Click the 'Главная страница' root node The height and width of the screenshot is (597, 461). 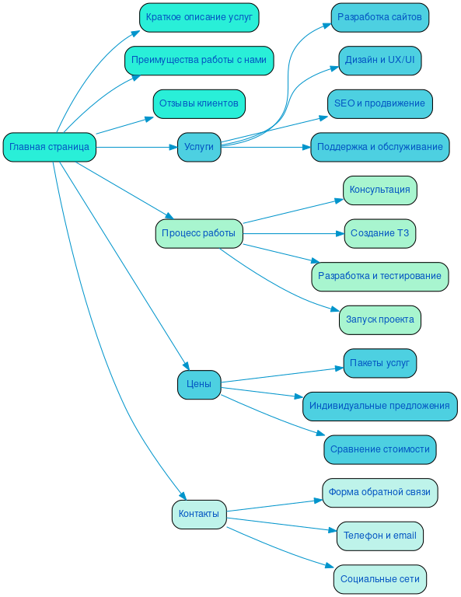coord(49,147)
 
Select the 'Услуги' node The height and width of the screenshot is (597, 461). coord(199,147)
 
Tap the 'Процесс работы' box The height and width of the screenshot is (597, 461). coord(198,233)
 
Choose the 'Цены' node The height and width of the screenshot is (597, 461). coord(199,384)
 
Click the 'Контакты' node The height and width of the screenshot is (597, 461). coord(199,514)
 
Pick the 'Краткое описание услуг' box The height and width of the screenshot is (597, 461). coord(199,17)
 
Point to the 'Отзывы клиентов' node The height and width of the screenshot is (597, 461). coord(199,103)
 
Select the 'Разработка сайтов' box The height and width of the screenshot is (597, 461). coord(379,17)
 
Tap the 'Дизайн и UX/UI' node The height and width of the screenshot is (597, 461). coord(379,61)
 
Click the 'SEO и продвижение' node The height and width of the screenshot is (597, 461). coord(379,103)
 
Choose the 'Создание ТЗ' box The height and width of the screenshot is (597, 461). coord(379,233)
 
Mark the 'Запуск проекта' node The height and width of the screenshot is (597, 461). coord(379,319)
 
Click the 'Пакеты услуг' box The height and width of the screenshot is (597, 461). coord(379,363)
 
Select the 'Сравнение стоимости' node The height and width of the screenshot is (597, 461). coord(379,449)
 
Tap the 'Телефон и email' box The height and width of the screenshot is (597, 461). coord(379,536)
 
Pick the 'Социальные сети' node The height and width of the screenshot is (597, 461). coord(379,579)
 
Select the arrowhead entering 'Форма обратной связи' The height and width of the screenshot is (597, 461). coord(318,500)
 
